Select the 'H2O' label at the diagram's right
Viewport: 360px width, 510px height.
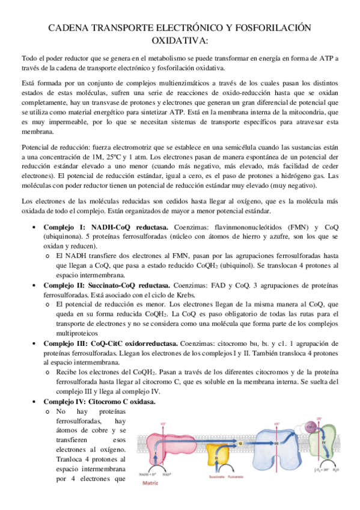(339, 469)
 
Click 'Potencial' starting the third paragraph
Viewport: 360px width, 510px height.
(37, 148)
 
